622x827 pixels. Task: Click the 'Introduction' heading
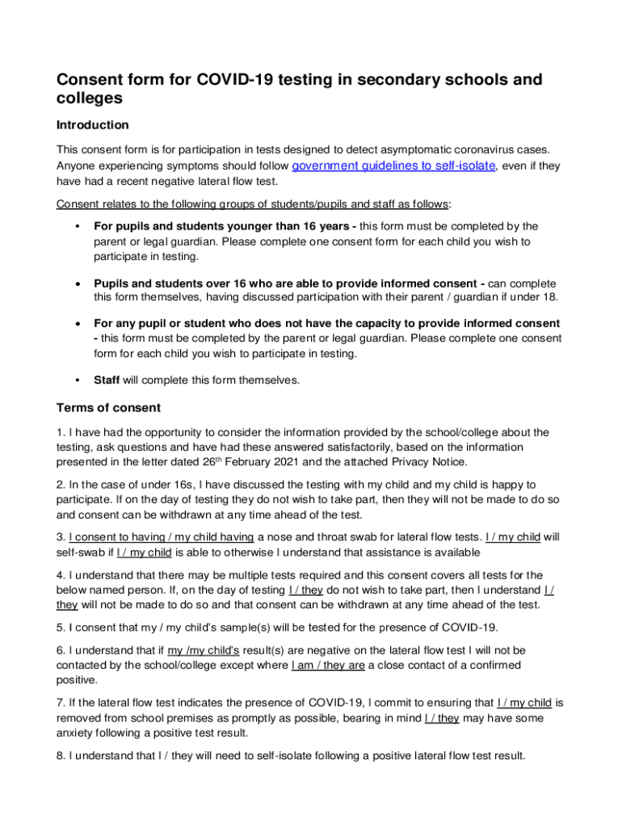tap(92, 125)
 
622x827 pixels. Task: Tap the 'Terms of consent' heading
tap(108, 408)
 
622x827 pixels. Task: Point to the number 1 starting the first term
tap(59, 432)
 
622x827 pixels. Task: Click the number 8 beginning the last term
tap(59, 756)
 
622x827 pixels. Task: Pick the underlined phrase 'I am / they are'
tap(328, 665)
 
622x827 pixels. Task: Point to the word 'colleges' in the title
tap(89, 98)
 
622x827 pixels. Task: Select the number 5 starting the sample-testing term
tap(59, 627)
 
